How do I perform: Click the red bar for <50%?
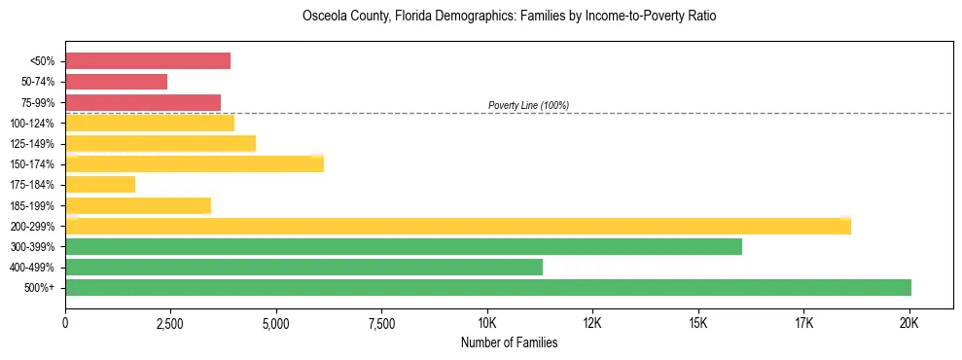[x=148, y=61]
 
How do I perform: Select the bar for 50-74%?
[x=116, y=82]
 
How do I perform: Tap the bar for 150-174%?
[x=195, y=164]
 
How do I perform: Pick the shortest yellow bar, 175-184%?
[x=100, y=185]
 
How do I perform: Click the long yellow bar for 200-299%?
[x=458, y=227]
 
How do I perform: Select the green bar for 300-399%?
[x=404, y=247]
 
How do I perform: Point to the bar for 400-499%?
[x=303, y=268]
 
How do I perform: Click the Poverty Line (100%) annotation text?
[x=528, y=105]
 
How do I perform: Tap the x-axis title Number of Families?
[x=509, y=342]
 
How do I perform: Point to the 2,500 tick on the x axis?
[x=170, y=322]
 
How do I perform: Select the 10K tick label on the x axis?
[x=487, y=322]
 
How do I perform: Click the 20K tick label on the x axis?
[x=909, y=322]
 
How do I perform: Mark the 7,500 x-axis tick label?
[x=381, y=322]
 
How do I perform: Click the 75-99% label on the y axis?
[x=38, y=103]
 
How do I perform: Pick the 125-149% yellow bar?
[x=160, y=144]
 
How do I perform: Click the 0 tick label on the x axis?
[x=65, y=322]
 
